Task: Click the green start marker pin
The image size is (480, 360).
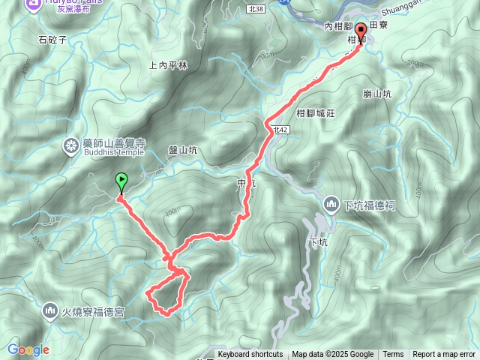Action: coord(121,181)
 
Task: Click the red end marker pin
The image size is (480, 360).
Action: coord(361,31)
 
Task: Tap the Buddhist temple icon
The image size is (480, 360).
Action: coord(71,145)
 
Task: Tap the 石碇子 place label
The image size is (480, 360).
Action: coord(52,39)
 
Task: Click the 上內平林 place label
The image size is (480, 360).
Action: coord(168,65)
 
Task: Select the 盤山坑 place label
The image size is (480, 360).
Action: coord(182,150)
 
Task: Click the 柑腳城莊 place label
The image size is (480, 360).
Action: coord(315,112)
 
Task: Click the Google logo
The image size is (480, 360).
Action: coord(28,349)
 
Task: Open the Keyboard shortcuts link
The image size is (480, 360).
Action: coord(250,355)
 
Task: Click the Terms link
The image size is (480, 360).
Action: coord(393,355)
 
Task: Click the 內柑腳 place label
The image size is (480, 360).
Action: coord(339,26)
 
